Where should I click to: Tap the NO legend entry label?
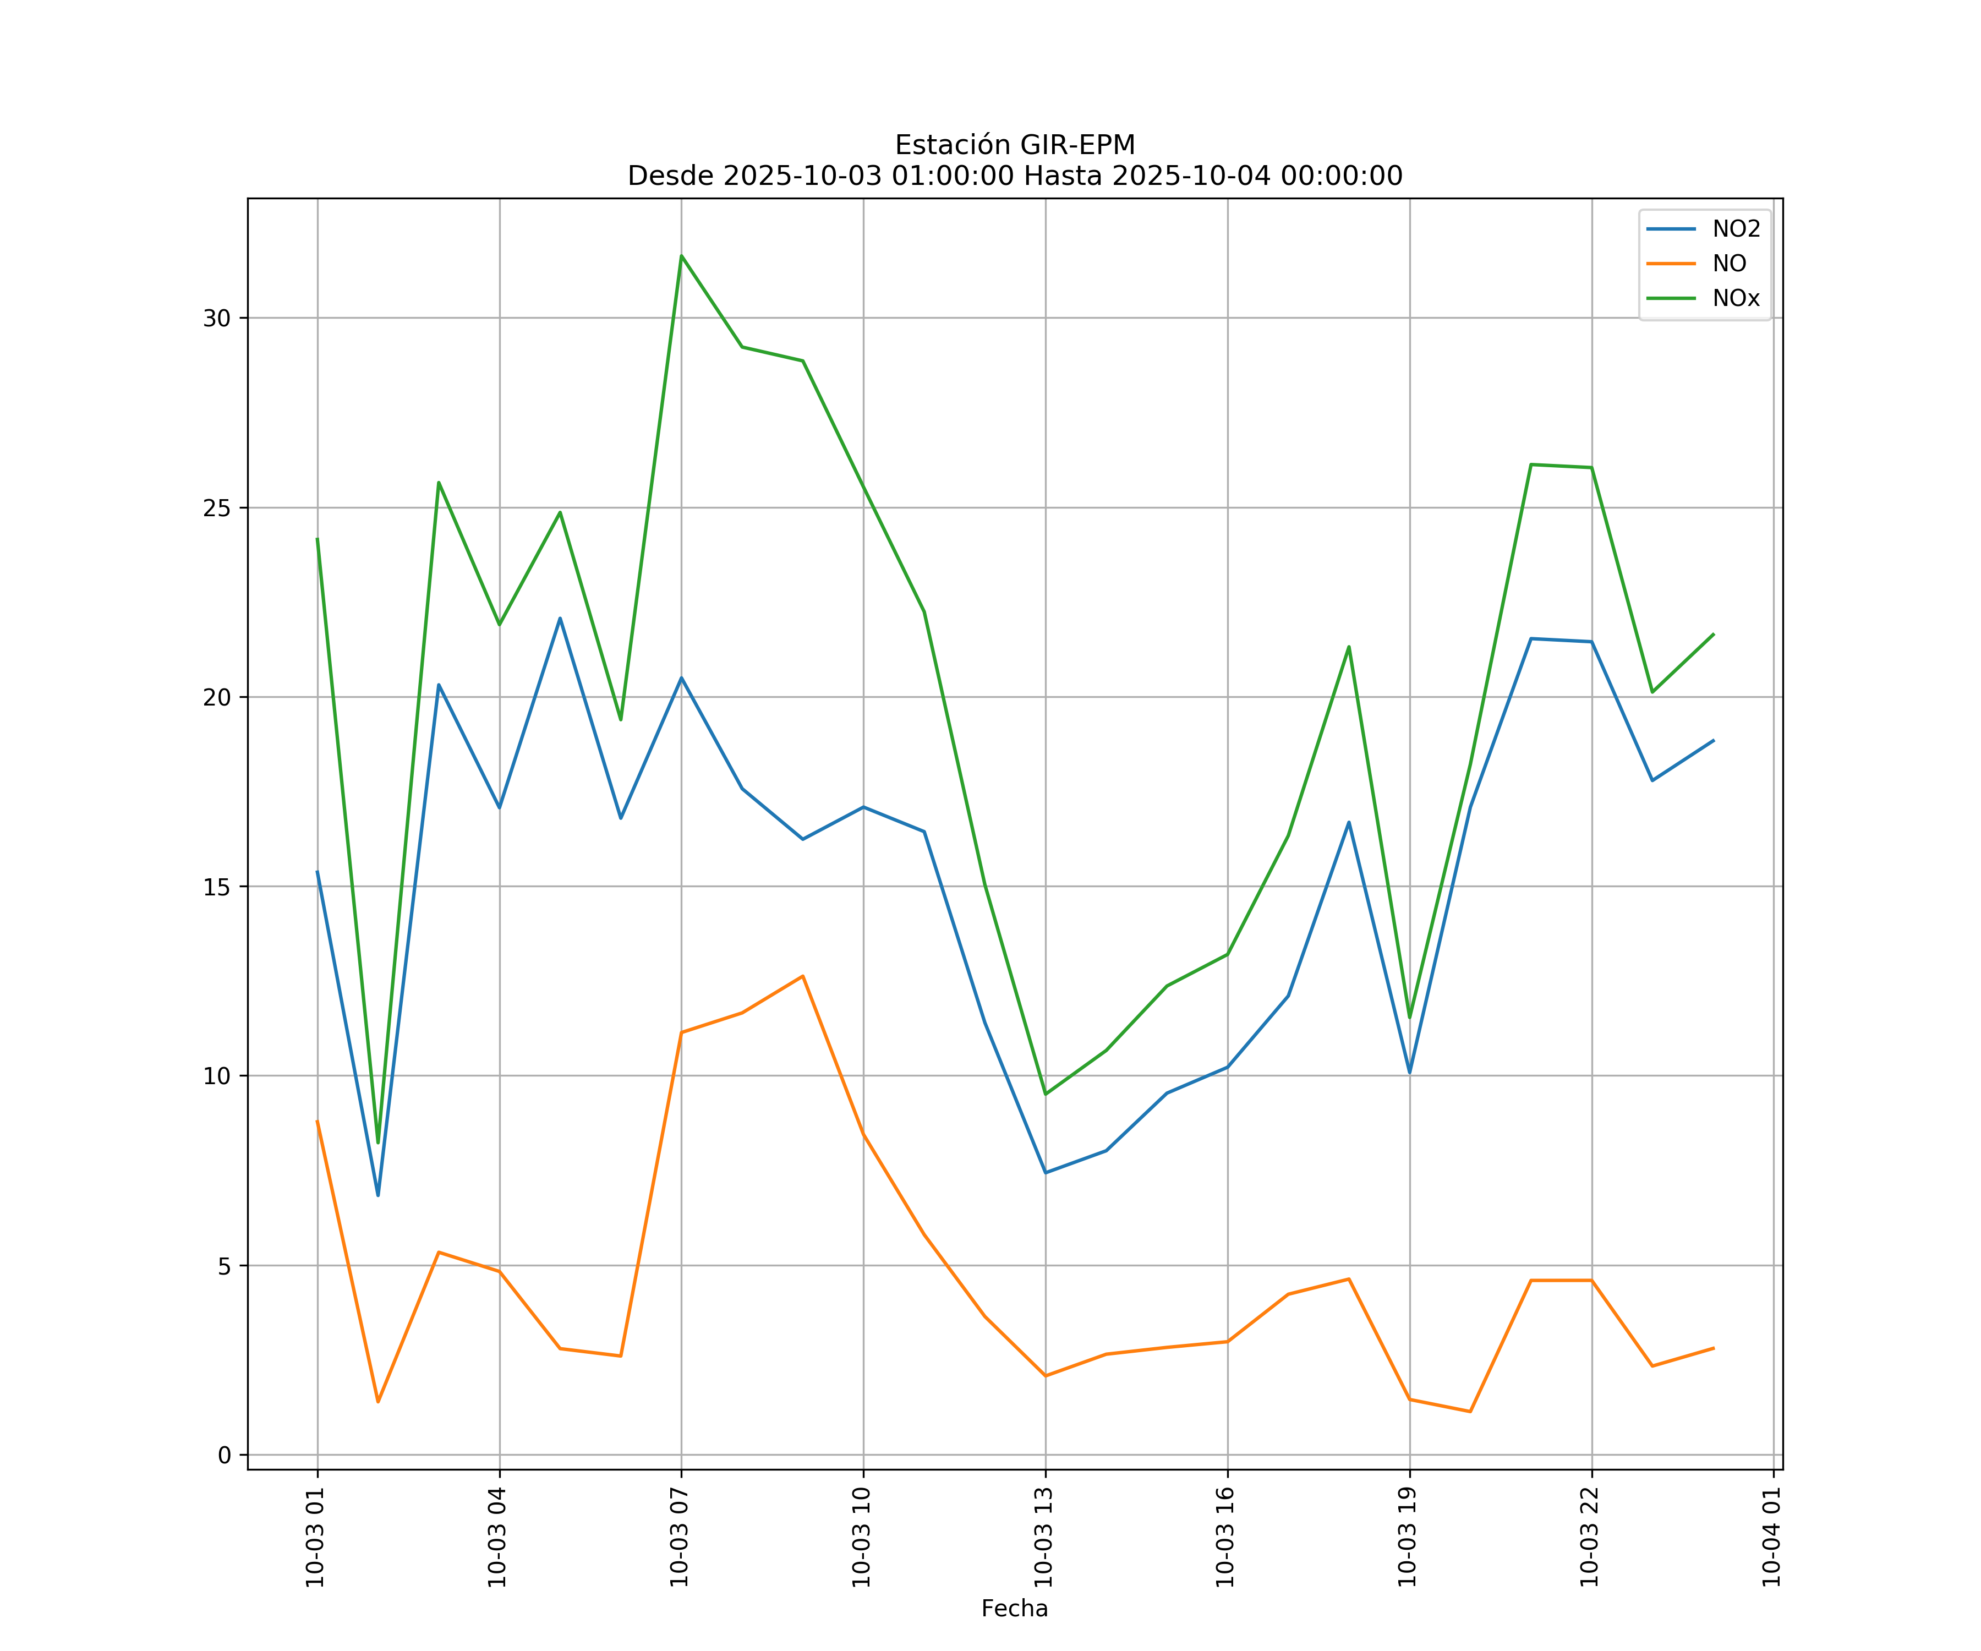1729,264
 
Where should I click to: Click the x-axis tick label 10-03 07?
679,1537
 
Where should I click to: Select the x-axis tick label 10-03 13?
1043,1537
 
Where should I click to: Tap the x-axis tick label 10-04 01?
1771,1537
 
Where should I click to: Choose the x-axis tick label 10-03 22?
1590,1537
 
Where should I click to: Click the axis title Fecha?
1014,1609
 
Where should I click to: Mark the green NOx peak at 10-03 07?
681,256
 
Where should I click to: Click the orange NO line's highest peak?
803,976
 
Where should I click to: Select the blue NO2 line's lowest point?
378,1195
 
